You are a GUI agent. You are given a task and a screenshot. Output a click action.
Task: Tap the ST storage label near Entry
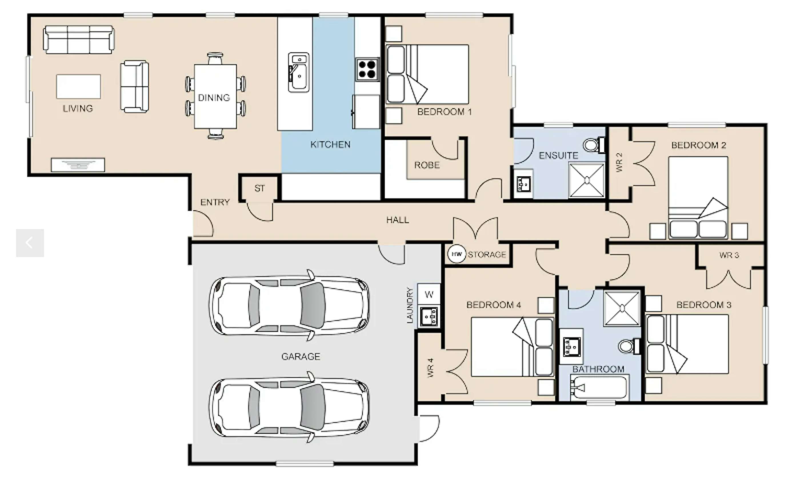pyautogui.click(x=259, y=188)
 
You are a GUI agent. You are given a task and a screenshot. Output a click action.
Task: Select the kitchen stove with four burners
pyautogui.click(x=367, y=69)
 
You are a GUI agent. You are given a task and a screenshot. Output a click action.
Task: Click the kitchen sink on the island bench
pyautogui.click(x=298, y=72)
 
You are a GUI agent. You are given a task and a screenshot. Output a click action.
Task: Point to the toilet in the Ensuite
pyautogui.click(x=593, y=145)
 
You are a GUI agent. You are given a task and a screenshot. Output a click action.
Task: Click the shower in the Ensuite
pyautogui.click(x=587, y=181)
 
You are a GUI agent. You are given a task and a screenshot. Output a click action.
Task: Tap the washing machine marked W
pyautogui.click(x=429, y=294)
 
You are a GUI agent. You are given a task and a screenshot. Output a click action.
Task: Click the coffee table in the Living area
pyautogui.click(x=79, y=87)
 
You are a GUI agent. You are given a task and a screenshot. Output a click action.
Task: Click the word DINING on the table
pyautogui.click(x=214, y=98)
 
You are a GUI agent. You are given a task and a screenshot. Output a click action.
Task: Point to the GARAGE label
pyautogui.click(x=301, y=356)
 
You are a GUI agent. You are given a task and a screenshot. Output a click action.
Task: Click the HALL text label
pyautogui.click(x=397, y=220)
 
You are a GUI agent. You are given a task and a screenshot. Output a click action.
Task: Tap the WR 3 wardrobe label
pyautogui.click(x=729, y=255)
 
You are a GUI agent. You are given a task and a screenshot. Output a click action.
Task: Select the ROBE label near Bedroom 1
pyautogui.click(x=427, y=165)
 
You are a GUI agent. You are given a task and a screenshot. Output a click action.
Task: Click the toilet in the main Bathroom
pyautogui.click(x=629, y=346)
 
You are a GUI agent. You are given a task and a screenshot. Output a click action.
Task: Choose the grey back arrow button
pyautogui.click(x=30, y=243)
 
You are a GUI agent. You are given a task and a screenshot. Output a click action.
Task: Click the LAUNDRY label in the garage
pyautogui.click(x=410, y=305)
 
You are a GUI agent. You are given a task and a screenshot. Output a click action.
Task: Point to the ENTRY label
pyautogui.click(x=215, y=202)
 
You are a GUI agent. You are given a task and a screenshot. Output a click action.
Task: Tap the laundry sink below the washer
pyautogui.click(x=429, y=316)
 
